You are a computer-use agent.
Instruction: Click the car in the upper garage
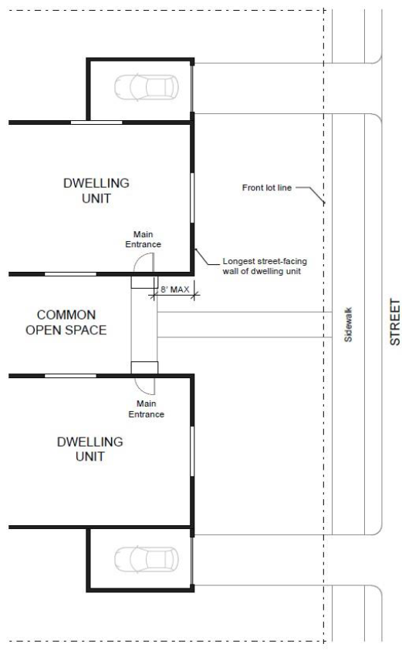click(x=146, y=88)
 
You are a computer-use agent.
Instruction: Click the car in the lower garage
click(x=146, y=560)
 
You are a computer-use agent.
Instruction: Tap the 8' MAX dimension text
click(x=175, y=290)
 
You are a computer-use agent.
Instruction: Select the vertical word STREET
click(x=394, y=322)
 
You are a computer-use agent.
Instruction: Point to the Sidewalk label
click(x=348, y=324)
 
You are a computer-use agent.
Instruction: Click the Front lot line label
click(x=267, y=187)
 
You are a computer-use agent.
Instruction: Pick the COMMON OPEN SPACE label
click(x=66, y=322)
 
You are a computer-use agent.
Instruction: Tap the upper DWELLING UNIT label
click(x=96, y=191)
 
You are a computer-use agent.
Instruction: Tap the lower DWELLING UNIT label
click(x=90, y=449)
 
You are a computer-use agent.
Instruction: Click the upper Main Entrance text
click(x=144, y=240)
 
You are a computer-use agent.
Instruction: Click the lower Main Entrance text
click(x=146, y=409)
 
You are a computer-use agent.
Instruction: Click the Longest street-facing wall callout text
click(x=265, y=266)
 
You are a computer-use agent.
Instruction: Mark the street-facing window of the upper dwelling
click(x=192, y=198)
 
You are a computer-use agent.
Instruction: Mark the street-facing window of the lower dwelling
click(x=192, y=451)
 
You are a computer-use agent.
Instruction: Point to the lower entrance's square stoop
click(x=144, y=367)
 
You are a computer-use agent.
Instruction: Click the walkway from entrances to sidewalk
click(x=244, y=324)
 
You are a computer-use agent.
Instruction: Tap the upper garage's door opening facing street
click(x=192, y=88)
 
